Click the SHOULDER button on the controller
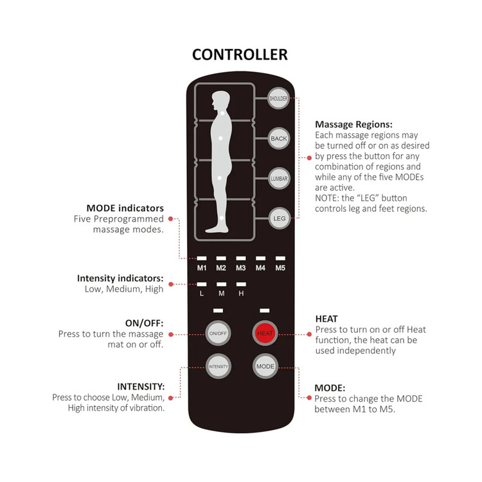point(279,98)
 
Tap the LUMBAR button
point(279,177)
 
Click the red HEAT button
point(265,333)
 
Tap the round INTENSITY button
point(217,366)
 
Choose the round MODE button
point(265,366)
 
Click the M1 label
point(202,267)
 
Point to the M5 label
point(280,267)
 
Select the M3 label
point(241,267)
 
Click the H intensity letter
point(241,294)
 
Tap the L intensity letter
point(202,294)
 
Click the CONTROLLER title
point(240,54)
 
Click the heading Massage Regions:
point(353,124)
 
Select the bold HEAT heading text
point(326,319)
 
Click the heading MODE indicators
point(125,208)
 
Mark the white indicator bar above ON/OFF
point(217,310)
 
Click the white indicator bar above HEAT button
point(265,310)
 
